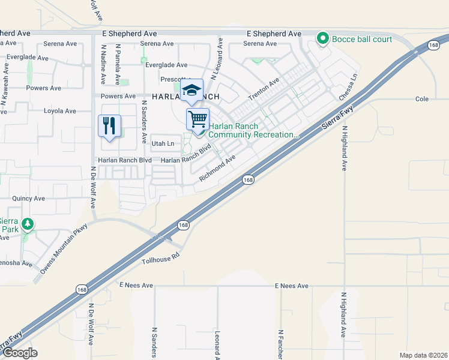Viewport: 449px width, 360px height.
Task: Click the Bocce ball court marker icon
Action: tap(323, 39)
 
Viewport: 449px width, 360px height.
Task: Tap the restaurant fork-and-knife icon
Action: tap(109, 125)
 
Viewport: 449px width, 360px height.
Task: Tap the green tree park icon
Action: tap(27, 224)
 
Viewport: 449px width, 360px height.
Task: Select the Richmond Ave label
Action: tap(217, 167)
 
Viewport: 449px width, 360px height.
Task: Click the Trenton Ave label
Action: tap(264, 90)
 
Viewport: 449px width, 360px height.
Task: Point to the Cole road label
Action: tap(421, 98)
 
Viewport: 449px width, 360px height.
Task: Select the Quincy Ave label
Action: tap(29, 198)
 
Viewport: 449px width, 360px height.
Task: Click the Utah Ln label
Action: tap(163, 143)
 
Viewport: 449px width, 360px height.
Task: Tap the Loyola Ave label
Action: tap(60, 111)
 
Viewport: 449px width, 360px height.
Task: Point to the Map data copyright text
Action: tap(423, 355)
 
